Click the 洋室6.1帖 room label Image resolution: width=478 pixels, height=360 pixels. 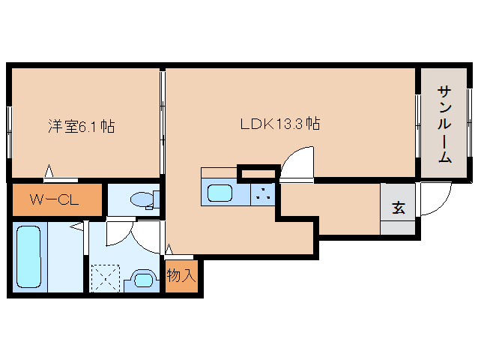80,127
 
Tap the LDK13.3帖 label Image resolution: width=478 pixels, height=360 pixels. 279,124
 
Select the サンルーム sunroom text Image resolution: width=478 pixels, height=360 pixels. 444,124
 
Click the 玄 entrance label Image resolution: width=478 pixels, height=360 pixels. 398,208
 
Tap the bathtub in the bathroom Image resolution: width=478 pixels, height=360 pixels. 30,256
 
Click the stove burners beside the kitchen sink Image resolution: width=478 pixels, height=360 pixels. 262,193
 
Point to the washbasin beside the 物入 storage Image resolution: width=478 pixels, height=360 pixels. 142,280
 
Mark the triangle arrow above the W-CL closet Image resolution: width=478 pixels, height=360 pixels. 49,172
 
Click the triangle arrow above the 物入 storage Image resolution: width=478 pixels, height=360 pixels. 169,248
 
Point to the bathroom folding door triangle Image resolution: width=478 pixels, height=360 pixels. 85,224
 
